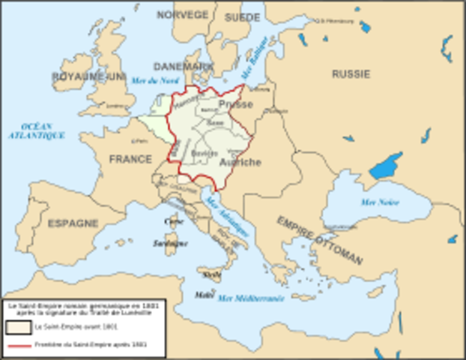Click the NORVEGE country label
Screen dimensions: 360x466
click(x=183, y=14)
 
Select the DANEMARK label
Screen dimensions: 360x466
click(x=183, y=67)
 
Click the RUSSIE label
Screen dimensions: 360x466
click(x=351, y=74)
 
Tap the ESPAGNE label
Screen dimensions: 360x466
click(x=73, y=223)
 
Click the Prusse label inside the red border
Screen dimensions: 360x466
click(x=235, y=104)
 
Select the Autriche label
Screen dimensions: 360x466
click(x=240, y=162)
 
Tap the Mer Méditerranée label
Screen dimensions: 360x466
click(x=250, y=298)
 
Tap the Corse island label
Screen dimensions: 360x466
click(x=174, y=221)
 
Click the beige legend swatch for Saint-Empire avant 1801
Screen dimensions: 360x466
click(x=18, y=328)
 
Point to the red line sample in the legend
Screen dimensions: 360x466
click(x=18, y=346)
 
